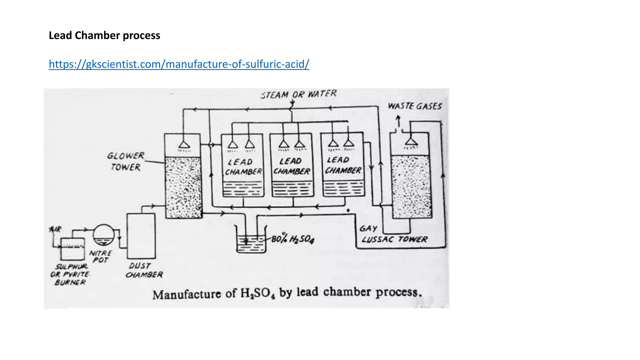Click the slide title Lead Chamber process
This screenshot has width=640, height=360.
click(104, 35)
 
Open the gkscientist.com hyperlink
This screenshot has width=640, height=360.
click(179, 64)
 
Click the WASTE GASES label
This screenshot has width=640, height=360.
click(415, 106)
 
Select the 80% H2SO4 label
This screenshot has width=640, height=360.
click(292, 239)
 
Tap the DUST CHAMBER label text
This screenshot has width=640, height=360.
click(144, 270)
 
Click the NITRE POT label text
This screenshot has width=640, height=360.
click(100, 257)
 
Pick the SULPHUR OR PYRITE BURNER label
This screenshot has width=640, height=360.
click(70, 274)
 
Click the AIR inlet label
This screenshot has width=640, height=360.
click(56, 230)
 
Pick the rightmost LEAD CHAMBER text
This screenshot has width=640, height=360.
click(342, 165)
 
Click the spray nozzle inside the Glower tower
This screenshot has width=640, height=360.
click(184, 145)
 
